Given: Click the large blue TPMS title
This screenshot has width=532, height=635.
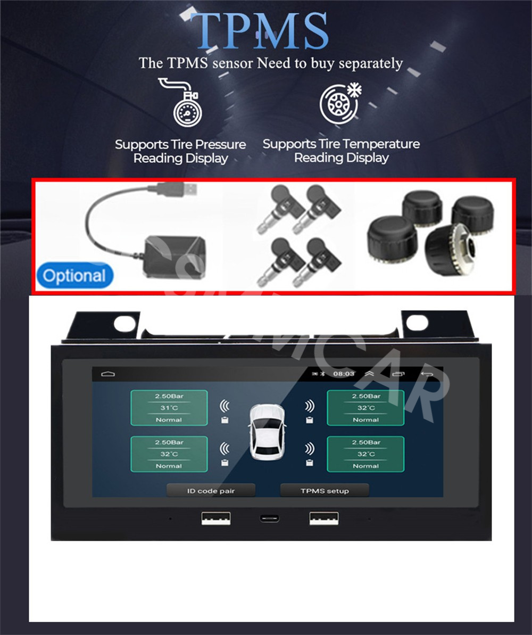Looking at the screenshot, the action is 260,31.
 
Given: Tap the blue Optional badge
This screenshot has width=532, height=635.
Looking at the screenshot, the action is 74,276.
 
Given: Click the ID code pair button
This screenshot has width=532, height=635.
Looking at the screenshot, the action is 211,490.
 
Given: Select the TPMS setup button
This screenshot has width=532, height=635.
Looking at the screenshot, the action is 325,490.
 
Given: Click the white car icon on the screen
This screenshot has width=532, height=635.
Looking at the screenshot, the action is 267,433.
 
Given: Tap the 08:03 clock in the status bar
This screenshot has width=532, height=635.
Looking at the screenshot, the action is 344,374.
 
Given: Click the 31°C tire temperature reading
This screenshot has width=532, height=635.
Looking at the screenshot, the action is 169,408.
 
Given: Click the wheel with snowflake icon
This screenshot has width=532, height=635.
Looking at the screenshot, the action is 340,103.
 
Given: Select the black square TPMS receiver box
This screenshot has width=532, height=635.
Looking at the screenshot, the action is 175,257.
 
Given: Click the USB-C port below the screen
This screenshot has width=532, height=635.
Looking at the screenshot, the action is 269,518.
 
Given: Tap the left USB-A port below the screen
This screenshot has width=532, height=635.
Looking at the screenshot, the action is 216,518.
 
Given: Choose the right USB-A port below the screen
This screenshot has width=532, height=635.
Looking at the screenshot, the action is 324,518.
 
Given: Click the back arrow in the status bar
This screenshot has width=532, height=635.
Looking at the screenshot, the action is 427,374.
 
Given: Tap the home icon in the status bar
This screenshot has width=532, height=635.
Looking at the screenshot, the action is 108,374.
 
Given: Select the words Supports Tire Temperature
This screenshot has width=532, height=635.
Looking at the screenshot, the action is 342,144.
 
